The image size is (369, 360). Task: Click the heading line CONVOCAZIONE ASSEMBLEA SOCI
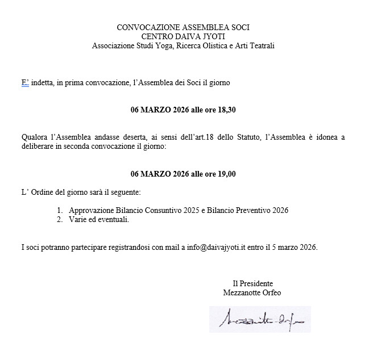pyautogui.click(x=183, y=27)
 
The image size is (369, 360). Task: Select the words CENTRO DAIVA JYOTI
pyautogui.click(x=183, y=36)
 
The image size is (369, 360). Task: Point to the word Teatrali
pyautogui.click(x=261, y=45)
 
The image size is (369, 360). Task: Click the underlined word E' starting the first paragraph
pyautogui.click(x=25, y=83)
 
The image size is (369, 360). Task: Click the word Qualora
pyautogui.click(x=34, y=137)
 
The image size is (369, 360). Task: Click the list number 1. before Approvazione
pyautogui.click(x=60, y=211)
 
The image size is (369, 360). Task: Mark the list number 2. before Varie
pyautogui.click(x=60, y=220)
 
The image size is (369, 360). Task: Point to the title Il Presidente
pyautogui.click(x=252, y=283)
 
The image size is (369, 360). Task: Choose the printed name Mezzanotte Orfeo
pyautogui.click(x=252, y=292)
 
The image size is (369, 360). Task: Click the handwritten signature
pyautogui.click(x=262, y=320)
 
